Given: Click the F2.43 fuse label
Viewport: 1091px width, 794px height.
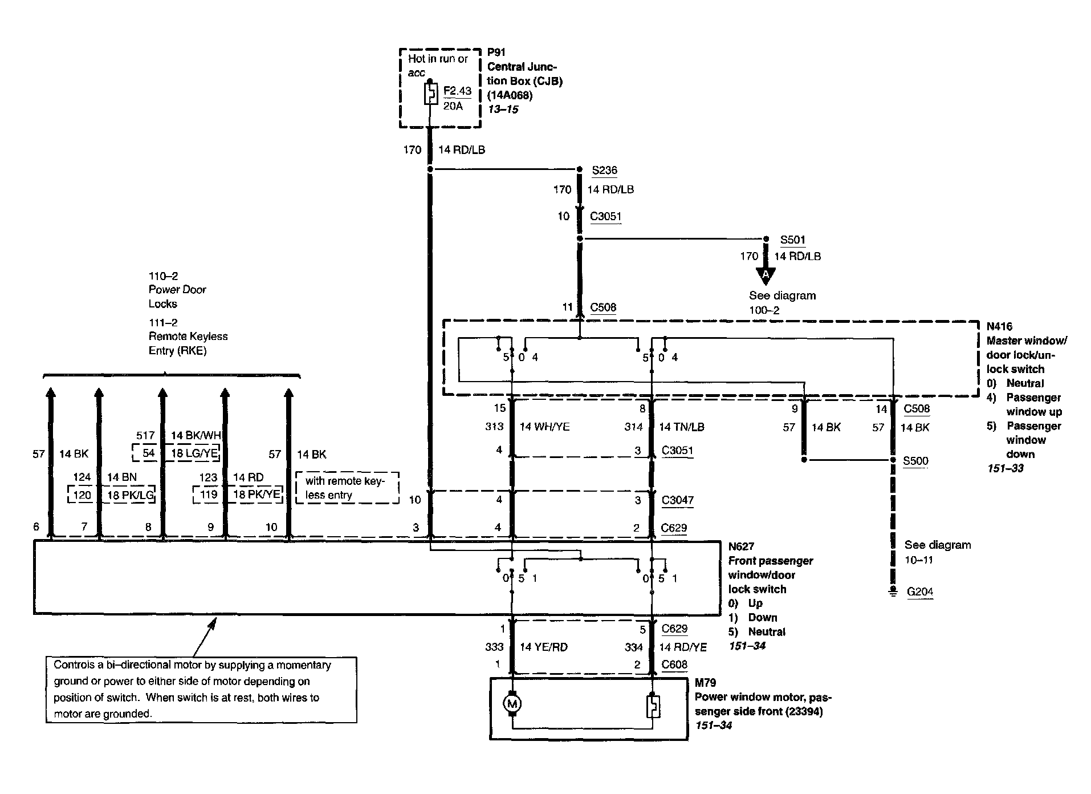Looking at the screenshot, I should coord(457,91).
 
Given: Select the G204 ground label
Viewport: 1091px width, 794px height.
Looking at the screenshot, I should coord(919,592).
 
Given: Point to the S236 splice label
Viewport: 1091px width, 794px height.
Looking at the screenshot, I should coord(604,170).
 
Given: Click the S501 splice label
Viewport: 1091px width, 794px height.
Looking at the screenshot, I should coord(792,240).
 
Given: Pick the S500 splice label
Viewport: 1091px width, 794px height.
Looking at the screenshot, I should coord(915,461).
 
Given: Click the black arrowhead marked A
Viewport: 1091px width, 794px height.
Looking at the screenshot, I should coord(766,276).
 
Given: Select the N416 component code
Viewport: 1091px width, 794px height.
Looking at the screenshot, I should coord(999,327).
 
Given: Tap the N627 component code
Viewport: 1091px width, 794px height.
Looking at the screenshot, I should coord(741,546).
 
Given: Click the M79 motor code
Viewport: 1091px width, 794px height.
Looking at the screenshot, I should coord(705,683).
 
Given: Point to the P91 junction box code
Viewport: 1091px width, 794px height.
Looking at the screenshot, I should coord(496,52).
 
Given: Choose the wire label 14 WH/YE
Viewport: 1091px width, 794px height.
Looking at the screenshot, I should coord(544,427).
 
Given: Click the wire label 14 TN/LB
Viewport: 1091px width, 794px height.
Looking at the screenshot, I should coord(682,427).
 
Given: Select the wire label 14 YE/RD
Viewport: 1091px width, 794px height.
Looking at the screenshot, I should coord(544,647).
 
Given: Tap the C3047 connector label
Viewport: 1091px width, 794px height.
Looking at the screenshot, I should coord(677,500).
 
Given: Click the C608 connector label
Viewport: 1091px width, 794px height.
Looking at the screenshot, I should coord(674,665).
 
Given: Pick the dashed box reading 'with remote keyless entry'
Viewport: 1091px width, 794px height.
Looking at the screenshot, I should coord(347,488).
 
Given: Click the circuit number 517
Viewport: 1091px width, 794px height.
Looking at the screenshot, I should coord(145,435).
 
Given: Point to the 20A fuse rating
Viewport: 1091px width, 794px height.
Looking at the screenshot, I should coord(453,106).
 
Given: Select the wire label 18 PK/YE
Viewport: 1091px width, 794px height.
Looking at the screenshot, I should coord(257,495).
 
